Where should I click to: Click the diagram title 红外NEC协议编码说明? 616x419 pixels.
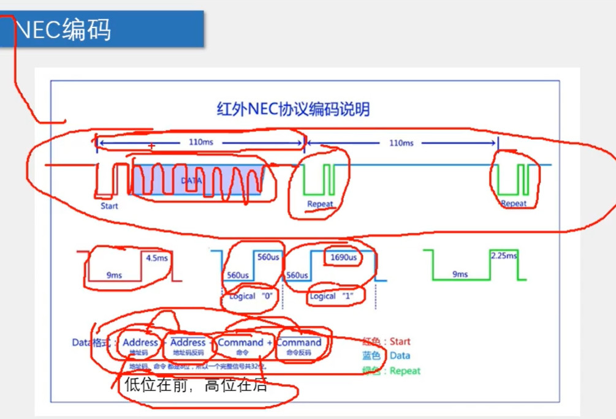tap(294, 110)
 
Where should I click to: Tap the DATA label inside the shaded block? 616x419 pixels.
tap(191, 181)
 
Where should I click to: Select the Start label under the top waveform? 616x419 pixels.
tap(109, 206)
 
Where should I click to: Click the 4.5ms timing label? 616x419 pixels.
tap(156, 258)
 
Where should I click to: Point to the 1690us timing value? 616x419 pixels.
tap(343, 257)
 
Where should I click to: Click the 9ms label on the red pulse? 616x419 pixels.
tap(114, 275)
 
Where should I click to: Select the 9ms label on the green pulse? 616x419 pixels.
tap(460, 274)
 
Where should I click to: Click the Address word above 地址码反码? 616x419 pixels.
tap(188, 342)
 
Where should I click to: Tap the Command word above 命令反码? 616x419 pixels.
tap(299, 342)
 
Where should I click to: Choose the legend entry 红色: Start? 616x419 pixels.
tap(386, 341)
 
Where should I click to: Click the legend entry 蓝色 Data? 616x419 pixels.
tap(386, 355)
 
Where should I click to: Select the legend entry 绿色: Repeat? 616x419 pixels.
tap(391, 370)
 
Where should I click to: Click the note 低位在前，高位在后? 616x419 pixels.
tap(196, 385)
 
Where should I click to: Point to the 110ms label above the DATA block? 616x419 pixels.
tap(200, 142)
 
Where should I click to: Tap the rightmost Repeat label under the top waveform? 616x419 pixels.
tap(514, 204)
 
